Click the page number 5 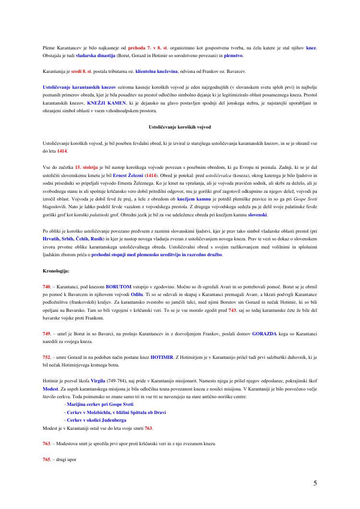315,483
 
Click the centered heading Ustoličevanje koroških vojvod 180,127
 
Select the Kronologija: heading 56,271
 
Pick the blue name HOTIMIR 152,356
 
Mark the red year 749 47,333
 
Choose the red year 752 47,356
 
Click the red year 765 47,459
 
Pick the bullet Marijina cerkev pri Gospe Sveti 99,404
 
